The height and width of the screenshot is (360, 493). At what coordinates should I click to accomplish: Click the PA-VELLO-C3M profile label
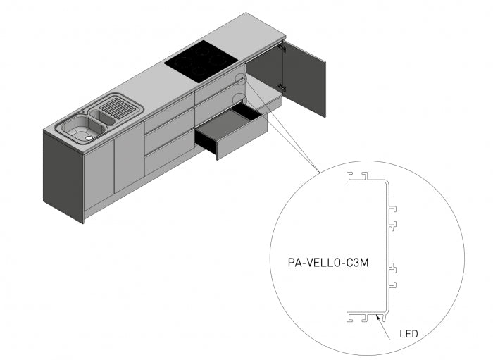pos(329,263)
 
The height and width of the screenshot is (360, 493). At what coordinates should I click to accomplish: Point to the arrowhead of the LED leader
pos(380,319)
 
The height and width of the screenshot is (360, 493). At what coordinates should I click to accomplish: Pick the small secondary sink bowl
pos(101,117)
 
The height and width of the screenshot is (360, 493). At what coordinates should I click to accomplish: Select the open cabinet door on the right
pos(304,78)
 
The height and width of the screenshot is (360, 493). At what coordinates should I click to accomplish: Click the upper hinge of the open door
pos(282,49)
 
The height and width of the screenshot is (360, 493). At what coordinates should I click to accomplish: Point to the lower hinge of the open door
pos(282,87)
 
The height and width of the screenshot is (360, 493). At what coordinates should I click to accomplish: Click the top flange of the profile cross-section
pos(366,178)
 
